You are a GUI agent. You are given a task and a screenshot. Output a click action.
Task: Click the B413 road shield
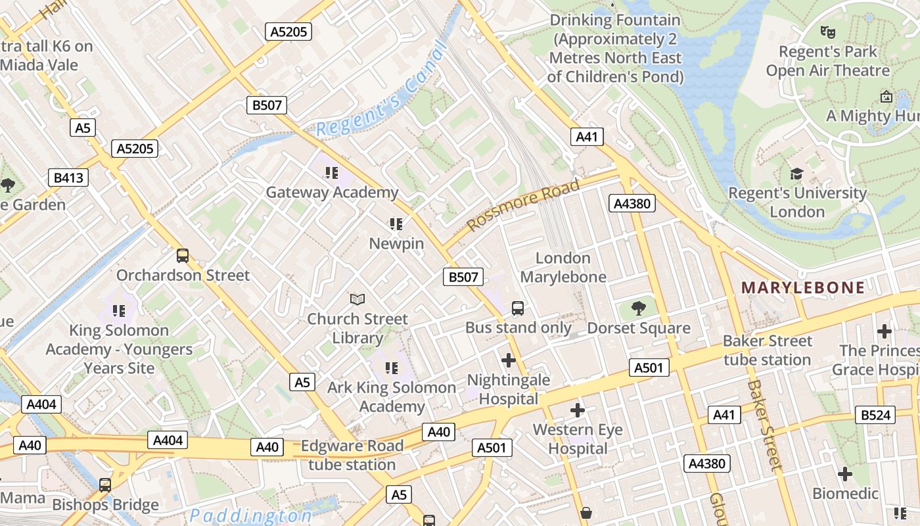pyautogui.click(x=68, y=178)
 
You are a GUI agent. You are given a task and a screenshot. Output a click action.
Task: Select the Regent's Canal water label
pyautogui.click(x=382, y=89)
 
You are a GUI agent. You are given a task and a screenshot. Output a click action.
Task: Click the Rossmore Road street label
pyautogui.click(x=524, y=204)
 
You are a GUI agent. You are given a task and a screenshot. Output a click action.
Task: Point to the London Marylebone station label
pyautogui.click(x=563, y=268)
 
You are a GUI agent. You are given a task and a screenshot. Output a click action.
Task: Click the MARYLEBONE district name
pyautogui.click(x=803, y=287)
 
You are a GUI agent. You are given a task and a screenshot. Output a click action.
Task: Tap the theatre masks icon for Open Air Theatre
pyautogui.click(x=827, y=31)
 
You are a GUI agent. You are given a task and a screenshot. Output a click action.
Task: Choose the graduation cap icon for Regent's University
pyautogui.click(x=796, y=174)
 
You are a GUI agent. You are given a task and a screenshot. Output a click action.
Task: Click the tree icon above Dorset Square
pyautogui.click(x=638, y=308)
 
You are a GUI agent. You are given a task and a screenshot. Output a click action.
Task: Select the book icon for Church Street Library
pyautogui.click(x=357, y=300)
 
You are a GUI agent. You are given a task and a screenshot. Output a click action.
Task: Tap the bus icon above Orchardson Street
pyautogui.click(x=183, y=255)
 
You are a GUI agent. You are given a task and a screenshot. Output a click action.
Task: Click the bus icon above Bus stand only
pyautogui.click(x=518, y=308)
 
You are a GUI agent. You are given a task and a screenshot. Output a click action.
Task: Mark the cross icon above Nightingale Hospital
pyautogui.click(x=508, y=360)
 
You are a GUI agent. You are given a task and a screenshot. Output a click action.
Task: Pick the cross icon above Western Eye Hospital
pyautogui.click(x=577, y=410)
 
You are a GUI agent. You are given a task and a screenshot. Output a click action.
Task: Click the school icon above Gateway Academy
pyautogui.click(x=331, y=173)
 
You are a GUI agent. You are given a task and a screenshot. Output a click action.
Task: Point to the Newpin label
pyautogui.click(x=396, y=243)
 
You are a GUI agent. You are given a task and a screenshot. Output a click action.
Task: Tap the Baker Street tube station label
pyautogui.click(x=767, y=350)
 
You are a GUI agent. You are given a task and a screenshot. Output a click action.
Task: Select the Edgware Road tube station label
pyautogui.click(x=352, y=455)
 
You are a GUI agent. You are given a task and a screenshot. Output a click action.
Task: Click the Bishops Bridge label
pyautogui.click(x=105, y=505)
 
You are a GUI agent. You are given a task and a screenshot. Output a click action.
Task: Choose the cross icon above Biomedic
pyautogui.click(x=845, y=473)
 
